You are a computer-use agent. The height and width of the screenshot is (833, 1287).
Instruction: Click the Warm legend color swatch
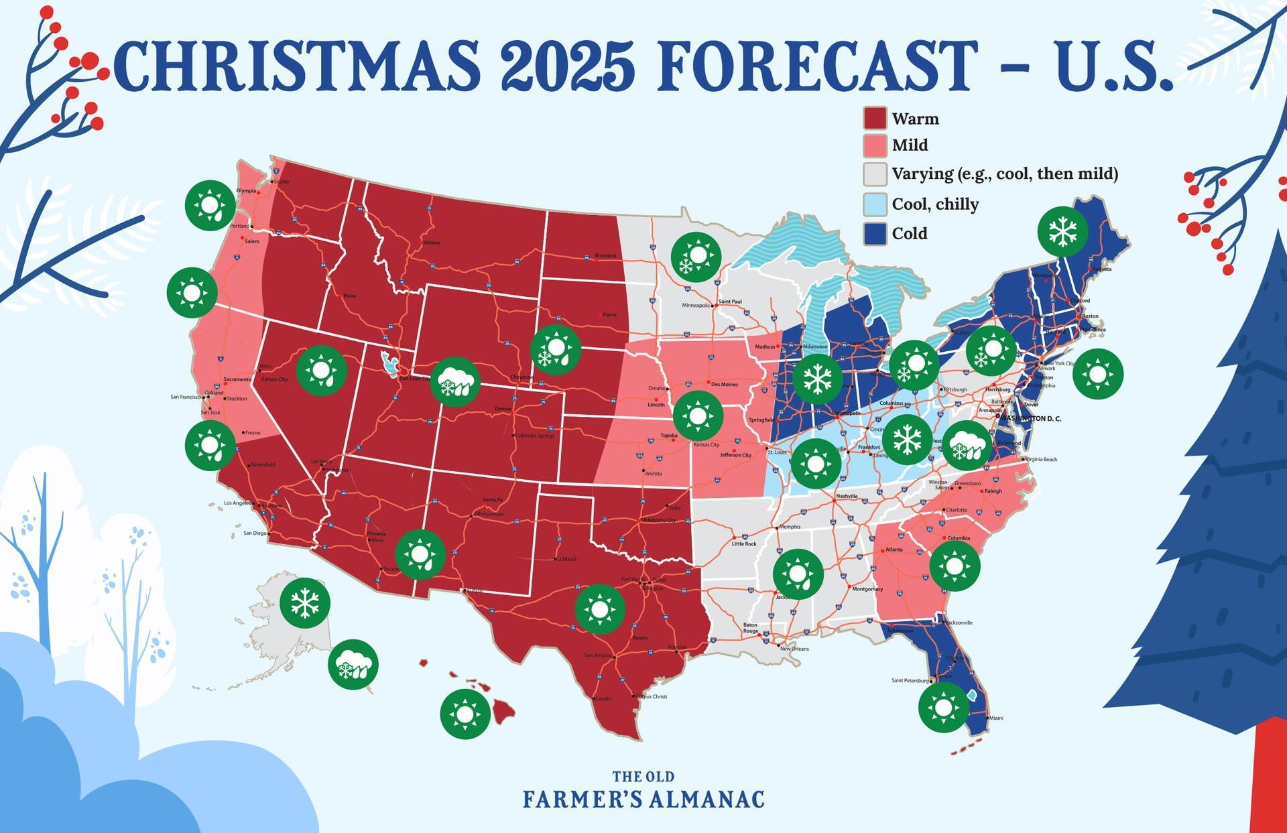tap(875, 119)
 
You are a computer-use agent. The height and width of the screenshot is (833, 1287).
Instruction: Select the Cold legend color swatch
tap(875, 233)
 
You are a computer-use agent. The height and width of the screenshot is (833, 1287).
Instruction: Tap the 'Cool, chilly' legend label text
tap(935, 204)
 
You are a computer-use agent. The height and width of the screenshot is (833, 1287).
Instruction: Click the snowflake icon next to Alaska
tap(305, 602)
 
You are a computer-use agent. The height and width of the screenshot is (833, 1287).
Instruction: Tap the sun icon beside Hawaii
tap(465, 714)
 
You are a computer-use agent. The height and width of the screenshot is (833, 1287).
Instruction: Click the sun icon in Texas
tap(600, 609)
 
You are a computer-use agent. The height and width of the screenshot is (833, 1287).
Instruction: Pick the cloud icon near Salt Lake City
tap(455, 383)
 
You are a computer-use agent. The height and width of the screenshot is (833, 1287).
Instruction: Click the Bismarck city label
tap(605, 255)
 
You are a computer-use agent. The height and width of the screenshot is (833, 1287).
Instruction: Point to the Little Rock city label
tap(743, 543)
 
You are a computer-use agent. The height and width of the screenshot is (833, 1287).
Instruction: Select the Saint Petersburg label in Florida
tap(910, 680)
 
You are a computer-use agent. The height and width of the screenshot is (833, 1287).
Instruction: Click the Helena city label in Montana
tap(432, 242)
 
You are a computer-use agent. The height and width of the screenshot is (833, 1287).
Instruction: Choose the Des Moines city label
tap(724, 384)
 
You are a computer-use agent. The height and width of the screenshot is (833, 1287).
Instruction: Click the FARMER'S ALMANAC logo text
tap(643, 799)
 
